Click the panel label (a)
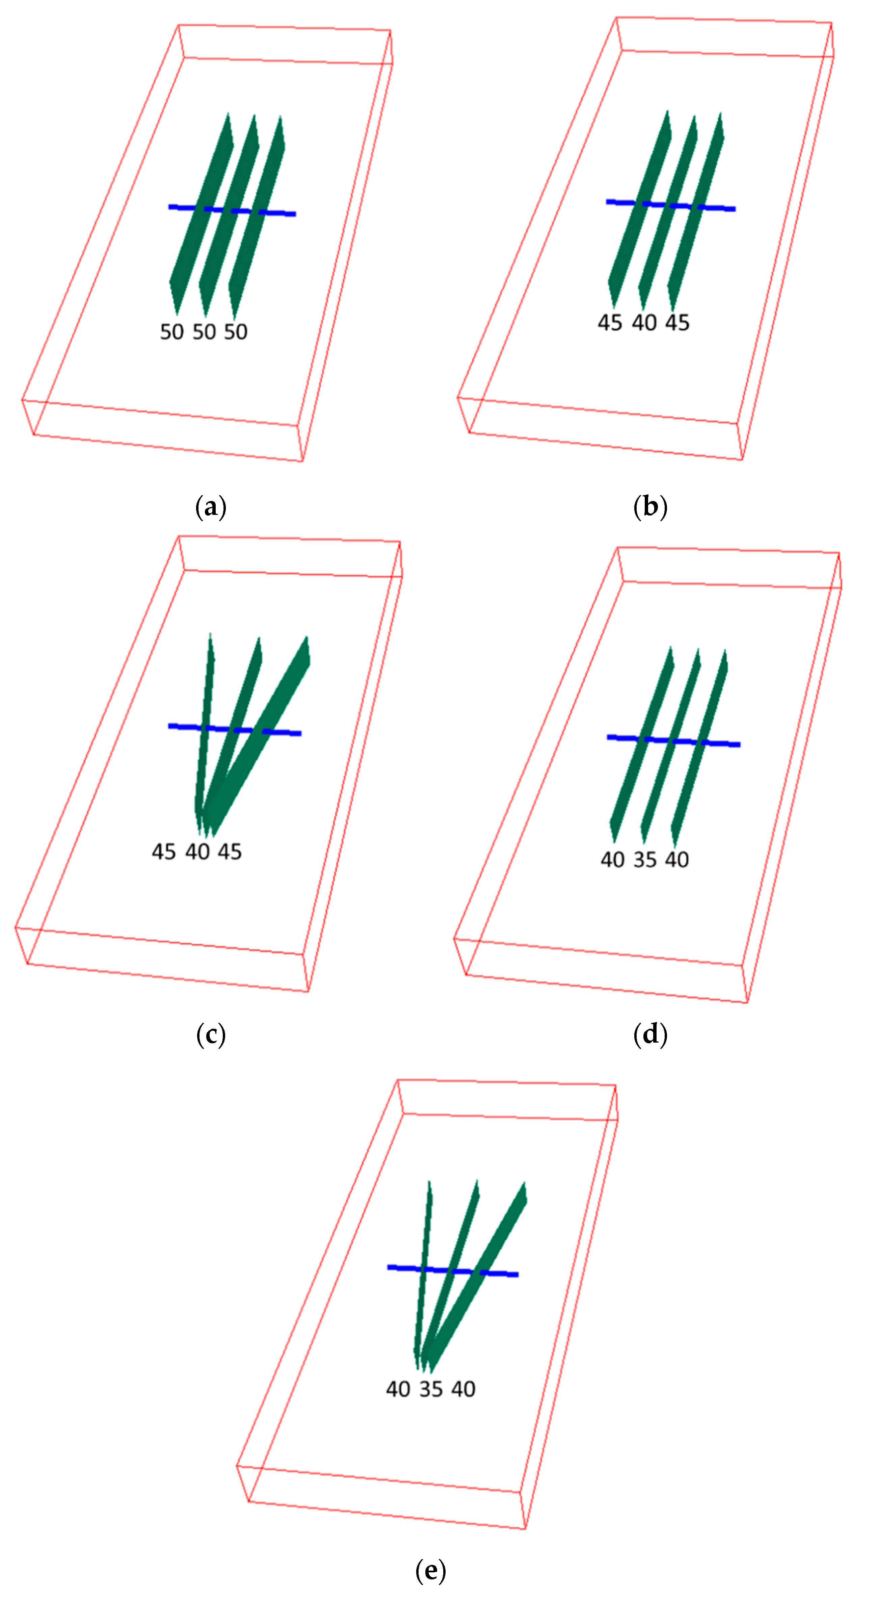211,507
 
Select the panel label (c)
211,1035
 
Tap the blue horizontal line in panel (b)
671,205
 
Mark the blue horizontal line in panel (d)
673,740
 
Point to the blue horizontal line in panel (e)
453,1270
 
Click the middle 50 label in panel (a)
204,332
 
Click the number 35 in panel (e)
430,1389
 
